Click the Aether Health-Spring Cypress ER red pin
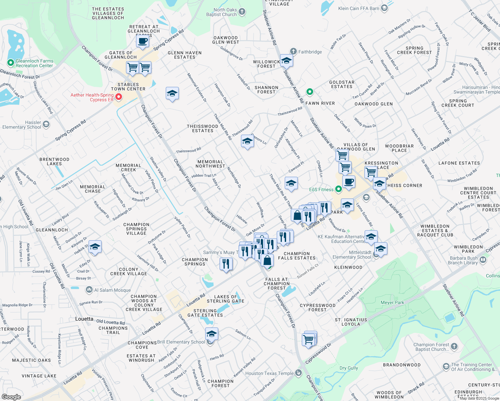tap(118, 97)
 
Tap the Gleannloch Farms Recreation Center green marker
tap(11, 62)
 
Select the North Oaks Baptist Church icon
tap(242, 12)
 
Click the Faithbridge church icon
tap(293, 51)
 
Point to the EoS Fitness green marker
tap(339, 189)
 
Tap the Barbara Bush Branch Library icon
tap(483, 260)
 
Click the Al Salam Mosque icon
tap(89, 290)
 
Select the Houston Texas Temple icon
tap(298, 373)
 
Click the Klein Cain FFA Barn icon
tap(384, 8)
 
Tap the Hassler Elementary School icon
tap(46, 125)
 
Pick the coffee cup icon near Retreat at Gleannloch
tap(143, 41)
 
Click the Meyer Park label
tap(392, 302)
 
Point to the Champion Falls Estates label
tap(297, 256)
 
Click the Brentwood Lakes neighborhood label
tap(54, 161)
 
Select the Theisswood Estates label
tap(202, 128)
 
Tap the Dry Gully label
tap(349, 368)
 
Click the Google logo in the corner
tap(11, 397)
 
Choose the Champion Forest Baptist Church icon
tap(454, 347)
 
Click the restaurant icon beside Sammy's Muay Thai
tap(226, 264)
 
